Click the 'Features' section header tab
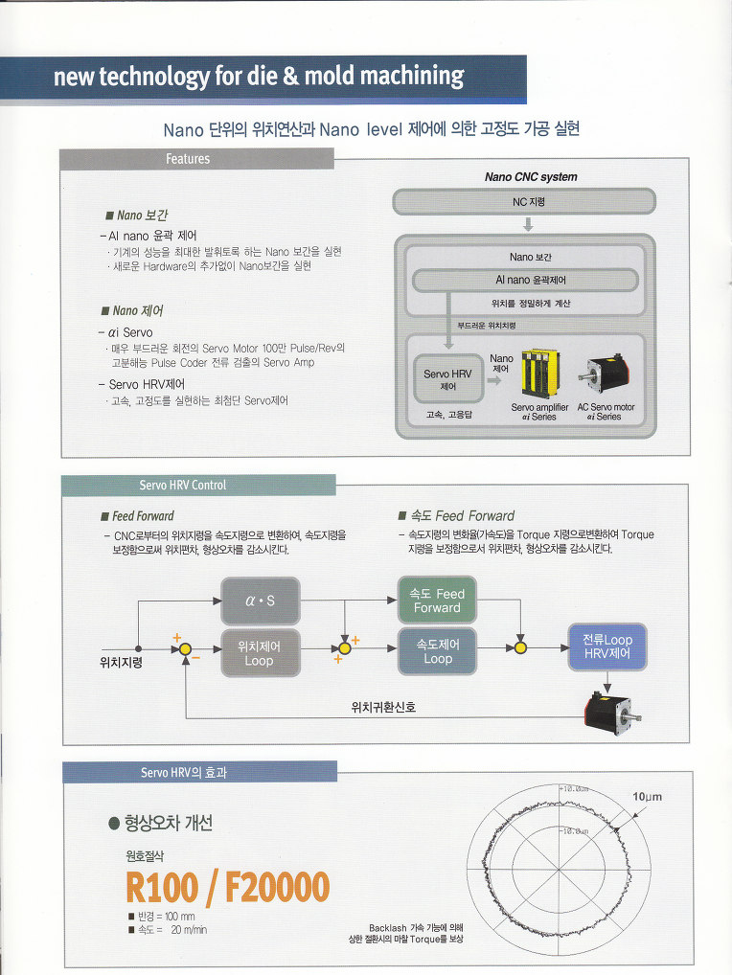click(188, 159)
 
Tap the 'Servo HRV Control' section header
click(183, 486)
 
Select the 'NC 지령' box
click(524, 202)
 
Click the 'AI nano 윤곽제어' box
click(524, 281)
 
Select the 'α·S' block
click(259, 601)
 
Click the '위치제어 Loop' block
click(259, 652)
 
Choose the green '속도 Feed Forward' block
click(437, 601)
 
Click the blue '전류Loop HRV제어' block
click(607, 646)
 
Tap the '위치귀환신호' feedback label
click(384, 708)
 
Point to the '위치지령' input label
click(121, 662)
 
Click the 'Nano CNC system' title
click(531, 177)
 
